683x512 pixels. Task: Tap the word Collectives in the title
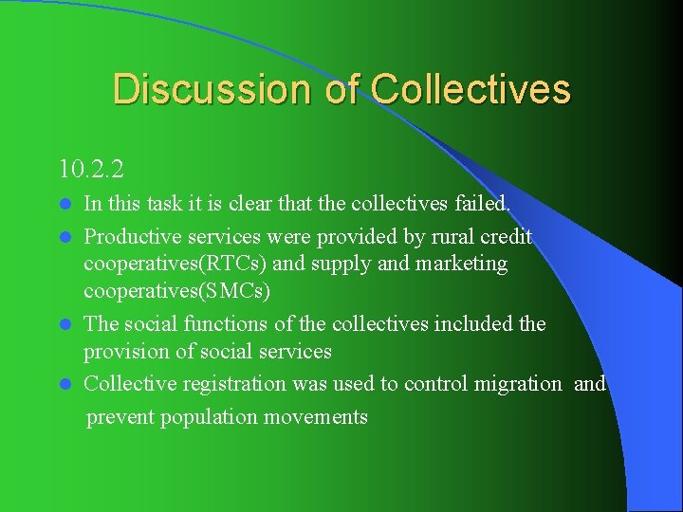471,89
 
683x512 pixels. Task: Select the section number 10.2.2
91,170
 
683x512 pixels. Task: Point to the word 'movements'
320,417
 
